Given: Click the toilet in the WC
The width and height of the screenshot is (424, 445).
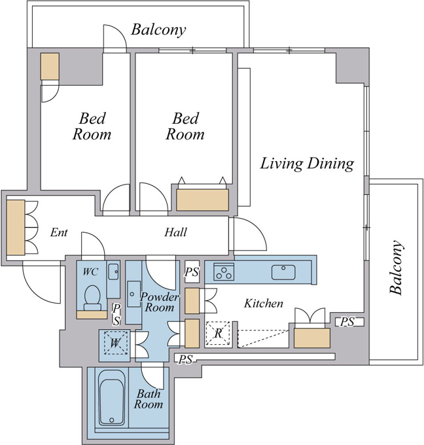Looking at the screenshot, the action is (92, 298).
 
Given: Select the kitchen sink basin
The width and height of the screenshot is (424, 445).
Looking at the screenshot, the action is (283, 272).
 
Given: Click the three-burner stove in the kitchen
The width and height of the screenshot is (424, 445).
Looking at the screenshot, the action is (224, 272).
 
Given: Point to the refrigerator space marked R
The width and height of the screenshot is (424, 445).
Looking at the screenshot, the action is (218, 333).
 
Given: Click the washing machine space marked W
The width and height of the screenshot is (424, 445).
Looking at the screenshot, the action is (115, 343).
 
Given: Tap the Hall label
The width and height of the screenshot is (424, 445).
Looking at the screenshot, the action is (175, 232).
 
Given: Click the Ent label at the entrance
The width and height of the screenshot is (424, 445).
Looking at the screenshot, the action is (59, 232).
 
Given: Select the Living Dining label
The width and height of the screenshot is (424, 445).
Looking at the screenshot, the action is (307, 164).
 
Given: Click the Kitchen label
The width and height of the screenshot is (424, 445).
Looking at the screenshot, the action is (264, 304).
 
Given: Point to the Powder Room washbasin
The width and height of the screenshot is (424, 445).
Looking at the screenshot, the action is (133, 294).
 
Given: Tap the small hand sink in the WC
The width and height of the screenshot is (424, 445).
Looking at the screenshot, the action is (113, 272).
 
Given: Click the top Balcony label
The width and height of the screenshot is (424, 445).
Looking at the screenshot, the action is (158, 30).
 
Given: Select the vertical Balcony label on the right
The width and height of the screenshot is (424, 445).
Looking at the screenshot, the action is (396, 268).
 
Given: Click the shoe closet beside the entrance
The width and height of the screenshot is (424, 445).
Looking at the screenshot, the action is (16, 228).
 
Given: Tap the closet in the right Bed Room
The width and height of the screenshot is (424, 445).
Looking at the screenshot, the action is (202, 200).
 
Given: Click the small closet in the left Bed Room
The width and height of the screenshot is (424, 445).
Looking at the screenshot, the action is (50, 66).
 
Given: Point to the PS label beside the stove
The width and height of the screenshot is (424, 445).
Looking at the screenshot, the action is (192, 272).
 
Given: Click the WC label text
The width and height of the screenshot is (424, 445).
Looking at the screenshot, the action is (90, 272).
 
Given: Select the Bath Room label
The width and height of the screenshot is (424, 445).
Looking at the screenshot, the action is (149, 399).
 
